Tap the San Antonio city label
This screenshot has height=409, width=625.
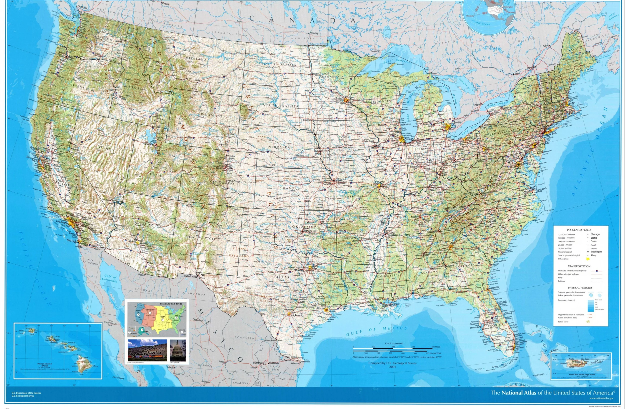click(x=296, y=315)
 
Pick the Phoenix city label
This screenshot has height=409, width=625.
click(x=138, y=240)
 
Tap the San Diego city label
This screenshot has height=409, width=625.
click(x=72, y=240)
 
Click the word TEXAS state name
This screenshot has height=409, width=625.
click(x=282, y=277)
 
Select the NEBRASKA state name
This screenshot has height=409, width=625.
click(x=279, y=147)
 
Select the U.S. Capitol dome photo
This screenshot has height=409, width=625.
click(x=178, y=351)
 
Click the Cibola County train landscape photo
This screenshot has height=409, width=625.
click(x=147, y=351)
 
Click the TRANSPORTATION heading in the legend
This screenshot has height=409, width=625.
click(x=579, y=266)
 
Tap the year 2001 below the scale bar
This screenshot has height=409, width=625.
click(x=392, y=367)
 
